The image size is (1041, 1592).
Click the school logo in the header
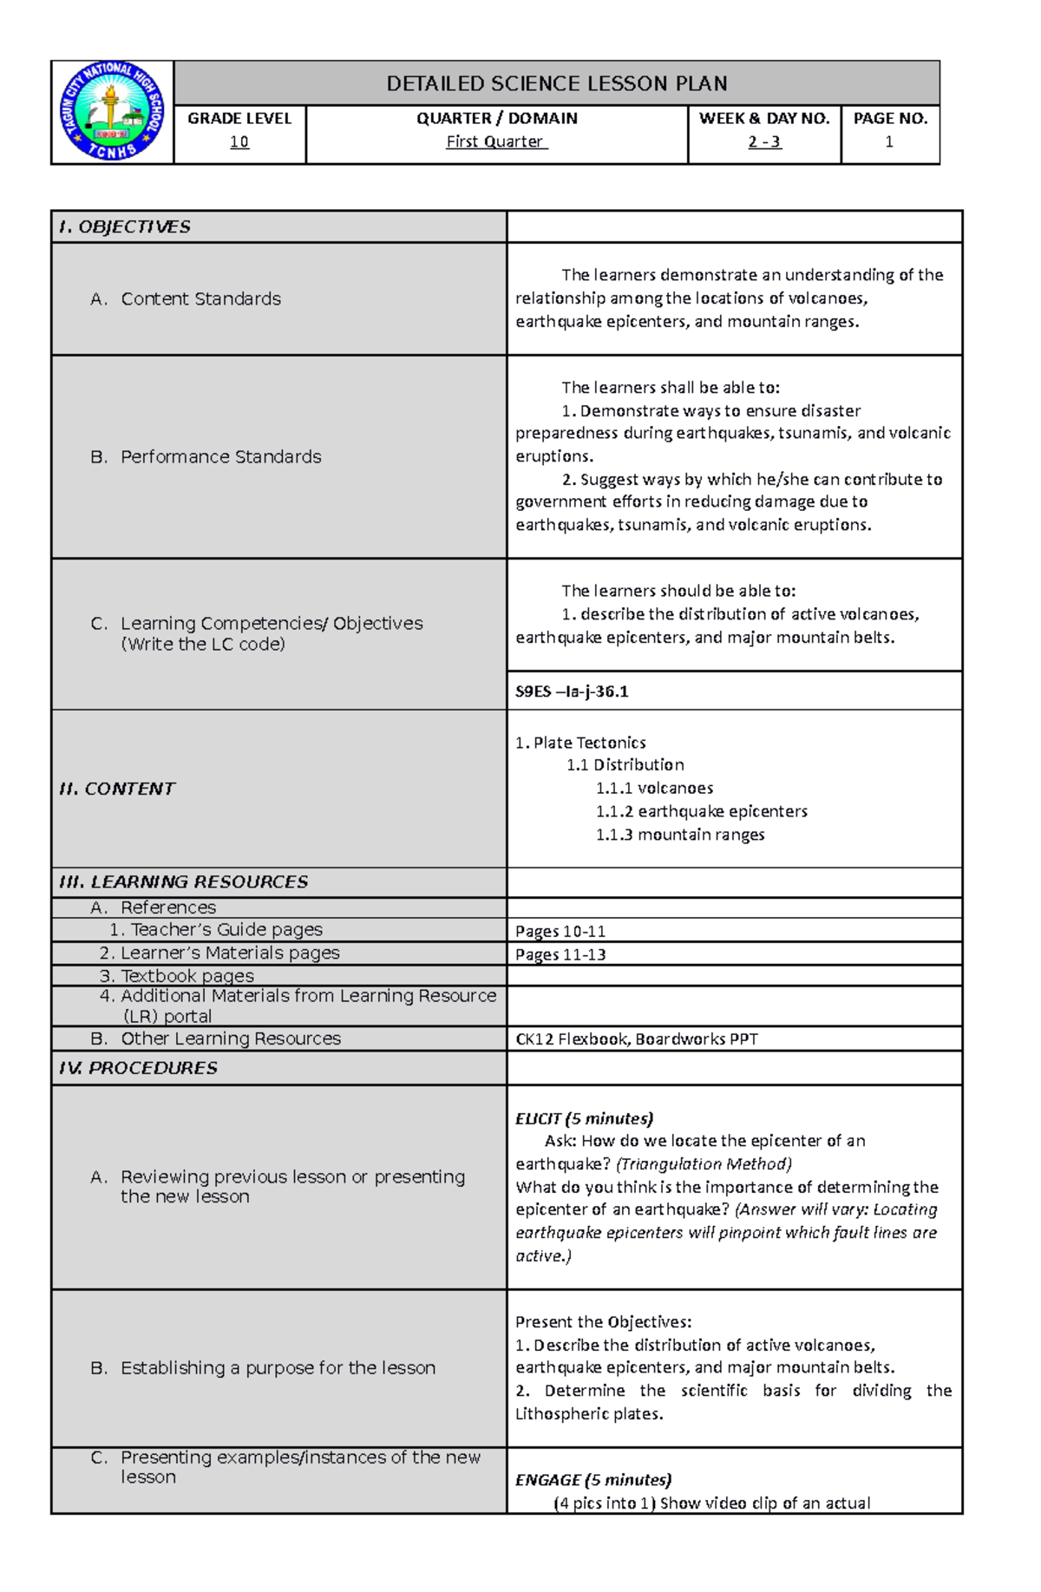(x=112, y=112)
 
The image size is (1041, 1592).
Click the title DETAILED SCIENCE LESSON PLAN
(x=556, y=83)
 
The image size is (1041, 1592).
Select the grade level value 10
(x=239, y=141)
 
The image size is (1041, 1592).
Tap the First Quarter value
(x=495, y=141)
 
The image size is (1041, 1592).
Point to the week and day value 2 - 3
(x=764, y=141)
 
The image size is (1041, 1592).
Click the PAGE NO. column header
(x=890, y=118)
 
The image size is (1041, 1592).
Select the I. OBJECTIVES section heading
(x=124, y=226)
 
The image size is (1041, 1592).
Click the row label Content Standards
(x=200, y=298)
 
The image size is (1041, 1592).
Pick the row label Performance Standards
(x=220, y=456)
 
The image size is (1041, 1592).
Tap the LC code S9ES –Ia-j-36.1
(x=572, y=691)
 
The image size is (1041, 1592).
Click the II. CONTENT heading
(x=116, y=789)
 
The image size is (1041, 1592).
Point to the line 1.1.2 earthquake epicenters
(x=701, y=811)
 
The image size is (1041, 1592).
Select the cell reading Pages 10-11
(x=560, y=931)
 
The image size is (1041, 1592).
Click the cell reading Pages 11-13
(x=560, y=954)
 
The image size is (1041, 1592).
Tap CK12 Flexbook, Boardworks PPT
(x=636, y=1038)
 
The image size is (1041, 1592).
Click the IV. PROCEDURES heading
(x=138, y=1068)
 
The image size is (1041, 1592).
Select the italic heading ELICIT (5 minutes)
(x=584, y=1118)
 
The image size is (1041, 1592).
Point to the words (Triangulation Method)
(x=704, y=1163)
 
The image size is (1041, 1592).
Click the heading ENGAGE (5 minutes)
(x=593, y=1479)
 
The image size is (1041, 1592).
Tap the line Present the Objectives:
(x=603, y=1321)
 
